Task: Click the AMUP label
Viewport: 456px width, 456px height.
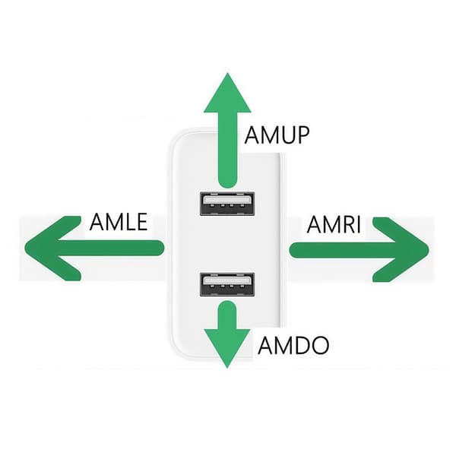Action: pyautogui.click(x=277, y=135)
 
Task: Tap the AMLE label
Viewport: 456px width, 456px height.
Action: pyautogui.click(x=119, y=222)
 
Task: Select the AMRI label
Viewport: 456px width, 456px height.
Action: pyautogui.click(x=334, y=224)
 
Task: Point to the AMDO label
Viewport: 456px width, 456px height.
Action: pyautogui.click(x=293, y=345)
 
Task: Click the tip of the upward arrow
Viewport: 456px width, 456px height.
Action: pyautogui.click(x=228, y=73)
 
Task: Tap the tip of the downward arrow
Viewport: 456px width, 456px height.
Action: pyautogui.click(x=227, y=368)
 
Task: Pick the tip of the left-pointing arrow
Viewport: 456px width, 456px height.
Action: pyautogui.click(x=25, y=249)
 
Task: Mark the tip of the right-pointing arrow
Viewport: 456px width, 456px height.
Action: pyautogui.click(x=429, y=249)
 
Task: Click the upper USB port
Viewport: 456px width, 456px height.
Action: pyautogui.click(x=227, y=203)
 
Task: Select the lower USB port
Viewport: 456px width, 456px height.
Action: pyautogui.click(x=227, y=284)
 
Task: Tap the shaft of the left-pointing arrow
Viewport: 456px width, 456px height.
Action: pyautogui.click(x=110, y=248)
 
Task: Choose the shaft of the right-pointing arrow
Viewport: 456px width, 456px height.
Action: pyautogui.click(x=344, y=249)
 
